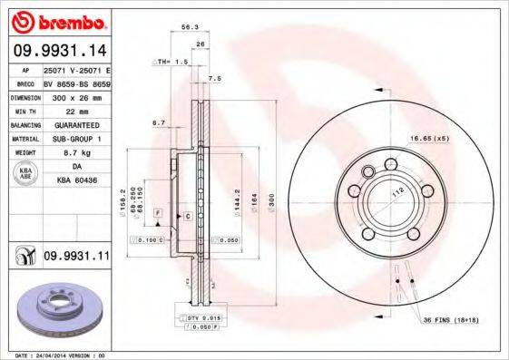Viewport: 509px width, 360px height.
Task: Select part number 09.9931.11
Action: click(x=75, y=258)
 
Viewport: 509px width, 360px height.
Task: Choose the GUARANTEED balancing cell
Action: click(x=74, y=124)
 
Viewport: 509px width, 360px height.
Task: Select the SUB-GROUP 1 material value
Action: click(x=74, y=139)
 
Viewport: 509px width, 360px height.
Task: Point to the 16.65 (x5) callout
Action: click(x=428, y=137)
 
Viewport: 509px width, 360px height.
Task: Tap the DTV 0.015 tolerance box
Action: click(x=205, y=318)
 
